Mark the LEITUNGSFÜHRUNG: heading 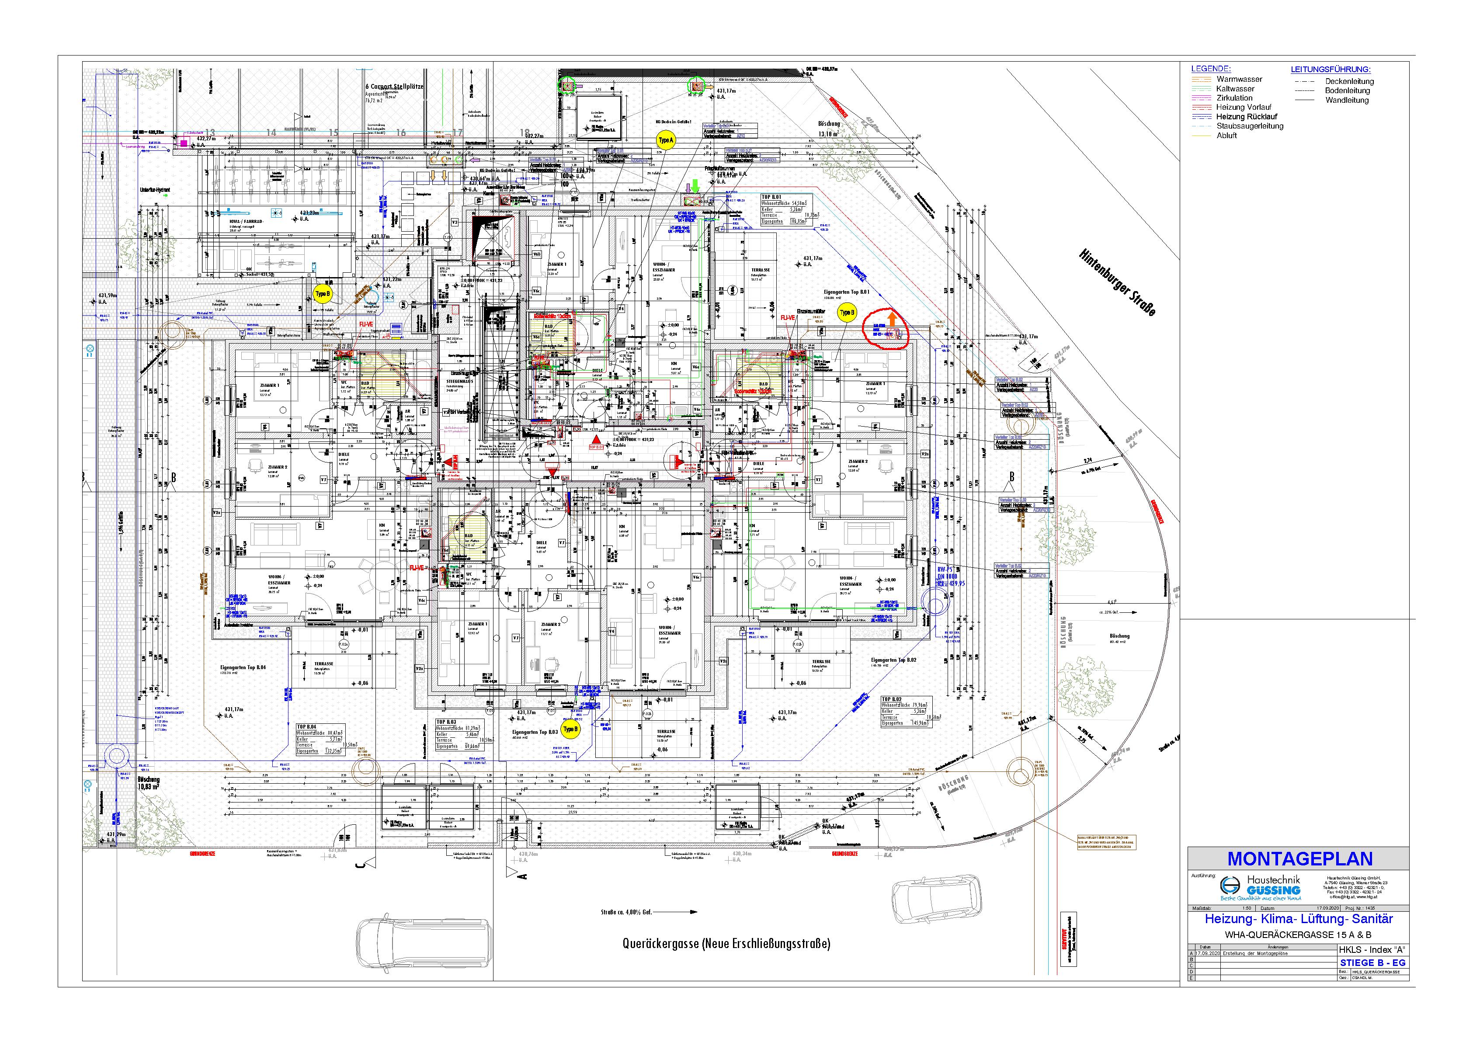(x=1331, y=69)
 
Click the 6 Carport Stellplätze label (x=394, y=87)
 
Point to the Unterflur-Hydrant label (x=157, y=191)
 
